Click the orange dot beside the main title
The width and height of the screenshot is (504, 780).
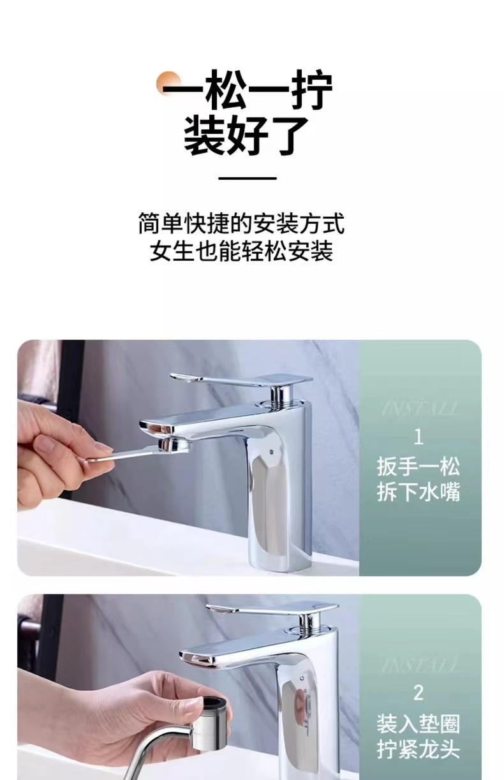click(168, 83)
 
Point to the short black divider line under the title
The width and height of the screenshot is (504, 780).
click(248, 179)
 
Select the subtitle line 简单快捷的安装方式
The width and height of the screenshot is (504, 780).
click(241, 223)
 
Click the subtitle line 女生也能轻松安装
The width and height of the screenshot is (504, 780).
click(241, 251)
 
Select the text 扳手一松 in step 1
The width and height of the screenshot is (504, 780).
click(419, 467)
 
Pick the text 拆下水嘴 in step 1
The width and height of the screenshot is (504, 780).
click(419, 492)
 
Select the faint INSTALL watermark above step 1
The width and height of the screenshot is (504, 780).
click(419, 409)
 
